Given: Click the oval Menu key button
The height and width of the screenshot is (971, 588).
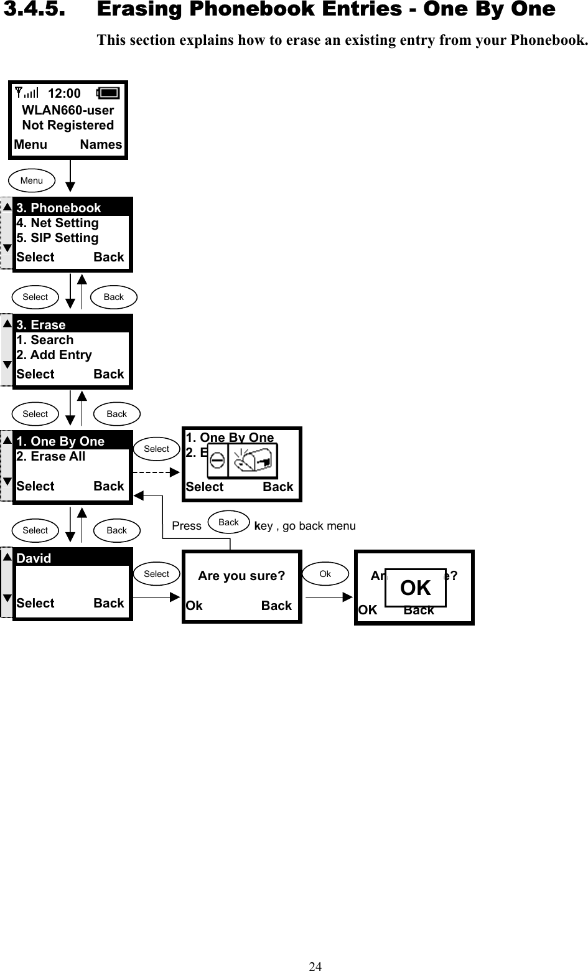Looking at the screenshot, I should point(32,181).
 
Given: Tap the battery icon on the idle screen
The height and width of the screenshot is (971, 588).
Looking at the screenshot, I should point(108,93).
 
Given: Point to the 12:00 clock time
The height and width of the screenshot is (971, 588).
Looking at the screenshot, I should point(64,93).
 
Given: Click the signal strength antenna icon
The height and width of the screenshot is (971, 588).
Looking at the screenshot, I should point(27,93).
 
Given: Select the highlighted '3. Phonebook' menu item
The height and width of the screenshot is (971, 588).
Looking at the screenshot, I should point(58,208).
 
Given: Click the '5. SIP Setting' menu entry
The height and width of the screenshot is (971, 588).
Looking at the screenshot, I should point(57,238).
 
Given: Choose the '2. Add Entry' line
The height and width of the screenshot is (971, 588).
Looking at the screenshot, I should point(54,355).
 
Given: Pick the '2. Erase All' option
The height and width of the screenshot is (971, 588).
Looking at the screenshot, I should point(51,456).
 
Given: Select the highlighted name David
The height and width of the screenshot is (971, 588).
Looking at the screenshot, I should point(34,558).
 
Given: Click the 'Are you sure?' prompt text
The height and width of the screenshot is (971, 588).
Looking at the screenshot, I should point(241,576).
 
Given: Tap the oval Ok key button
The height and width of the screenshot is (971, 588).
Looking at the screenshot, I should point(325,574).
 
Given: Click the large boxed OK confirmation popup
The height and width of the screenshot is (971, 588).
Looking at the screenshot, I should point(415,588).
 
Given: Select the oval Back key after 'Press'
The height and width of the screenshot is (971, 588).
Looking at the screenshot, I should point(229,523).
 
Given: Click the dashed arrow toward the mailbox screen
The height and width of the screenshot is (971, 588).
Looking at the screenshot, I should point(157,472).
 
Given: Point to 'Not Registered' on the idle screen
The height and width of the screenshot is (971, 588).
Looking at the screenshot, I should point(68,125).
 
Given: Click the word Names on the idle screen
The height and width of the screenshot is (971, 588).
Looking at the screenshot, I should point(101,144).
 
